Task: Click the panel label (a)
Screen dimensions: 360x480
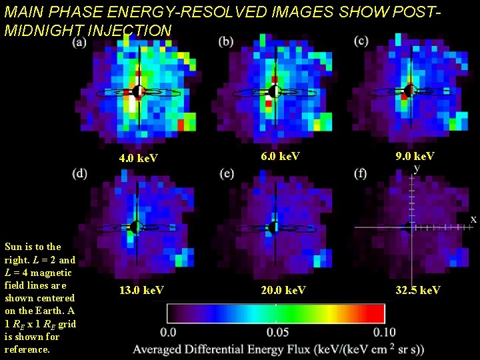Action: click(x=79, y=43)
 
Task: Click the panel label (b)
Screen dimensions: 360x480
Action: click(x=226, y=41)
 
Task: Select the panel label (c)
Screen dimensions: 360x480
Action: click(x=362, y=41)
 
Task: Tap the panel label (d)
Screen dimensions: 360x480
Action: click(x=79, y=174)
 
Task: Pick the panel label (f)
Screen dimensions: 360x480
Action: click(x=361, y=174)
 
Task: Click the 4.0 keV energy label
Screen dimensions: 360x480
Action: click(x=138, y=159)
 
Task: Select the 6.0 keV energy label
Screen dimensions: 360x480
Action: click(x=281, y=156)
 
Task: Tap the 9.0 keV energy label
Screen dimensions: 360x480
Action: click(x=415, y=156)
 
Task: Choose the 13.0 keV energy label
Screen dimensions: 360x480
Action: click(x=142, y=290)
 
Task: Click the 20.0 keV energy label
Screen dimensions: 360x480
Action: click(x=283, y=290)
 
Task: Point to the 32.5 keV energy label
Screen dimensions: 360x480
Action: click(x=417, y=290)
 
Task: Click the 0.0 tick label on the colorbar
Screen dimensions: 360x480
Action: click(x=169, y=332)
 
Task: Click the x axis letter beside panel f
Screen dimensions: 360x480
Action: click(x=473, y=219)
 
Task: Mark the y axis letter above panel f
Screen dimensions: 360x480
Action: click(x=417, y=169)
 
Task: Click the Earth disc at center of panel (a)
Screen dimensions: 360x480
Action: click(x=139, y=91)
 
